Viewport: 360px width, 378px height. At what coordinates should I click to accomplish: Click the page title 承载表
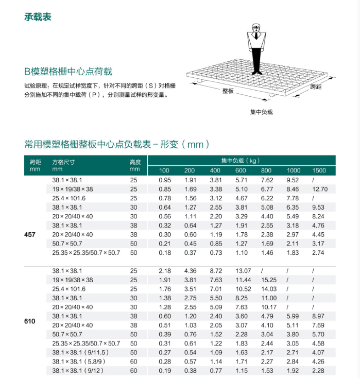38,17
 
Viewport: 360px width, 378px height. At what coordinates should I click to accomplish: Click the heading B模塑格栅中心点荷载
68,72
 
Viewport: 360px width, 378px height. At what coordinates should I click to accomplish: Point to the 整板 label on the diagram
228,91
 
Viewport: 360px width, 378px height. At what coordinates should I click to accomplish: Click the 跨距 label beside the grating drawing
316,88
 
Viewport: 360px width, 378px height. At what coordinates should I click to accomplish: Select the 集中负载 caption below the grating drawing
261,112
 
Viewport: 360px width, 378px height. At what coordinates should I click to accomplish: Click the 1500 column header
319,170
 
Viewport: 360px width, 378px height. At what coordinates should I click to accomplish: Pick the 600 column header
241,170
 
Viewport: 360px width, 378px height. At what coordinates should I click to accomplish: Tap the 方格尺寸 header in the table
63,162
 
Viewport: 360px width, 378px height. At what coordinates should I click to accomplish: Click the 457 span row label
30,235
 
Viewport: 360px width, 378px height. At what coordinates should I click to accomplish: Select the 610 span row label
30,321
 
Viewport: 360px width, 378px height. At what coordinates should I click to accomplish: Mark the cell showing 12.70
320,189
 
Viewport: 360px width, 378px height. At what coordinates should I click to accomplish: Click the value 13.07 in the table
243,271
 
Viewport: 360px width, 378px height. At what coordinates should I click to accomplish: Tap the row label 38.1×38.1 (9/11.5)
81,352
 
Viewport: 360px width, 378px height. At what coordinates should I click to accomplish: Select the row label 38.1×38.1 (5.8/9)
79,362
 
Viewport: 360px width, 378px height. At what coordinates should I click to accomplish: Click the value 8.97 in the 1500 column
319,316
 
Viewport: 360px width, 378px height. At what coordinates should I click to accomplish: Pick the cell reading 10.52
243,289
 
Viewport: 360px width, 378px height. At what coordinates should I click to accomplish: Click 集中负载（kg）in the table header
241,161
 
